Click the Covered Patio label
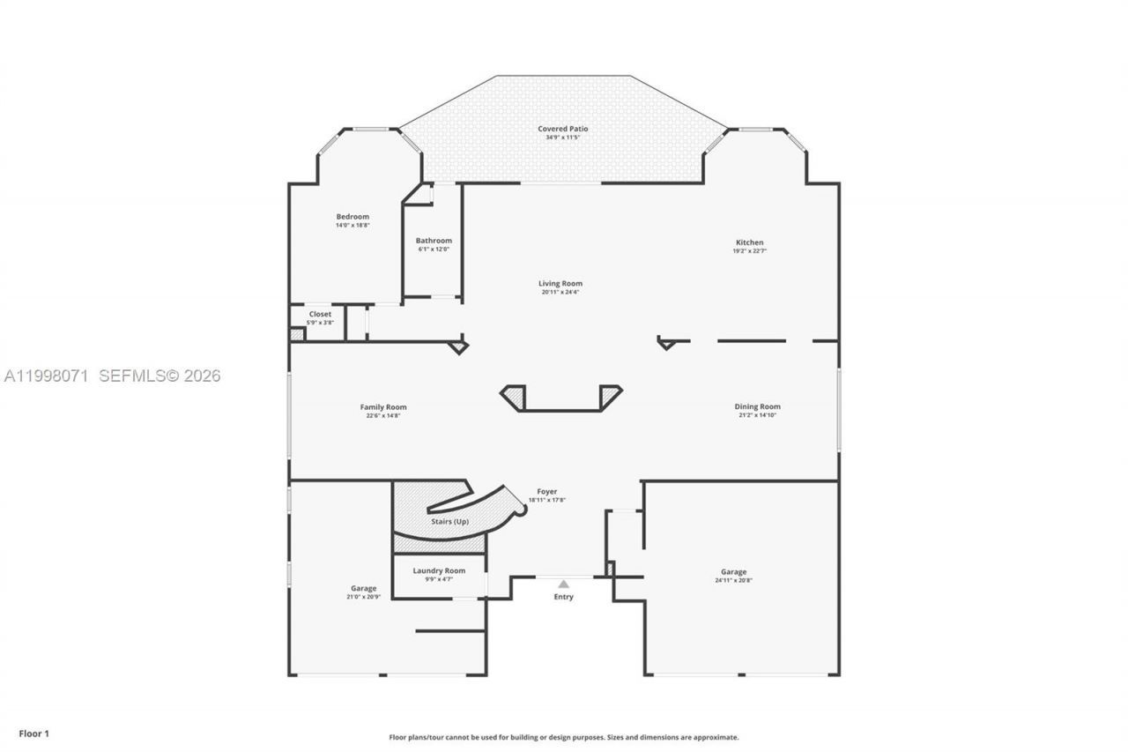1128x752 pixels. (563, 129)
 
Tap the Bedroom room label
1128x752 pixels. (352, 216)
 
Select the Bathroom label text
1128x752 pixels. (434, 241)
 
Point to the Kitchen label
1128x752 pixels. (750, 242)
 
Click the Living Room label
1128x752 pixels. (560, 284)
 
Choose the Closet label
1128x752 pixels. (320, 314)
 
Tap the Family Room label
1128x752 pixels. (383, 407)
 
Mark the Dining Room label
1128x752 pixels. (757, 406)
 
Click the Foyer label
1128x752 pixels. (546, 492)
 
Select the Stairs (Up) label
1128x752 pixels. (449, 521)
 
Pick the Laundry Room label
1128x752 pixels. (439, 570)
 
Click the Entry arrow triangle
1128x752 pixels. (563, 584)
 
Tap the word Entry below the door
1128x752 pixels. (563, 597)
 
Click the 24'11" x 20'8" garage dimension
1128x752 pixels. (733, 580)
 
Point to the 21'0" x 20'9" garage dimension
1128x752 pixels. (363, 597)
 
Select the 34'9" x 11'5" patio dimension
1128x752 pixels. (563, 138)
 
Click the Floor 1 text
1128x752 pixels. (34, 733)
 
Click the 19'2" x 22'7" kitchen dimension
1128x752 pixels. (750, 251)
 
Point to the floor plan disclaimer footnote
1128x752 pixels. (564, 737)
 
